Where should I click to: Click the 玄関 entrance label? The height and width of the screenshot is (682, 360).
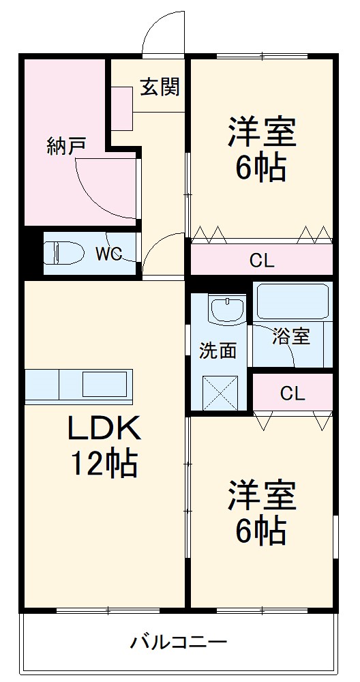click(160, 87)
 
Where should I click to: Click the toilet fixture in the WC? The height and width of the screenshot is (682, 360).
click(61, 254)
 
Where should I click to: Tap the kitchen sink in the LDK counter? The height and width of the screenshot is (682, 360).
click(104, 384)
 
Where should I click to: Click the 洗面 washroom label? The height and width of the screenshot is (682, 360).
click(217, 351)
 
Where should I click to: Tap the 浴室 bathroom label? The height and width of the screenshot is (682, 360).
click(291, 336)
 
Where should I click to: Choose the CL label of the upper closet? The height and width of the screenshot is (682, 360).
click(262, 260)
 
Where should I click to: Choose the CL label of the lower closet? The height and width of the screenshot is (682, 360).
click(292, 394)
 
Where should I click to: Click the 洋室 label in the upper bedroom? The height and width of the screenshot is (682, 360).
click(262, 132)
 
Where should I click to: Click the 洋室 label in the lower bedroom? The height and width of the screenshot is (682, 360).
click(262, 496)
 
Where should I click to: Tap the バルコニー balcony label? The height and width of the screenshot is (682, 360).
click(179, 642)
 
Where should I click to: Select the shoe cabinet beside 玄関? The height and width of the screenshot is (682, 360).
click(122, 108)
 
